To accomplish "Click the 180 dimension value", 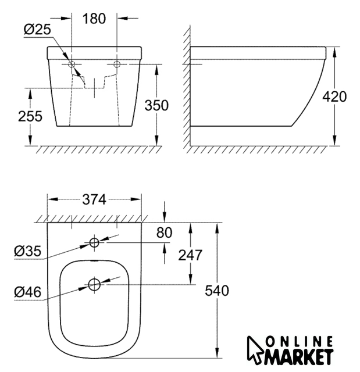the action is coord(94,19).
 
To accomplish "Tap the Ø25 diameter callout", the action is coord(37,30).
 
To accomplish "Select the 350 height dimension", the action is coord(156,105).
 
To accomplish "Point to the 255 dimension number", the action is coord(30,116).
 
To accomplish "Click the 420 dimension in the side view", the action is coord(334,96).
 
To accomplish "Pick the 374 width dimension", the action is coord(94,199).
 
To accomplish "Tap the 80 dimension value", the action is coord(164,233).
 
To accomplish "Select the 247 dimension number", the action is coord(190,255).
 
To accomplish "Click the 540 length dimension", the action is coord(217,291).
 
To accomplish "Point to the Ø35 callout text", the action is coord(27,251).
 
